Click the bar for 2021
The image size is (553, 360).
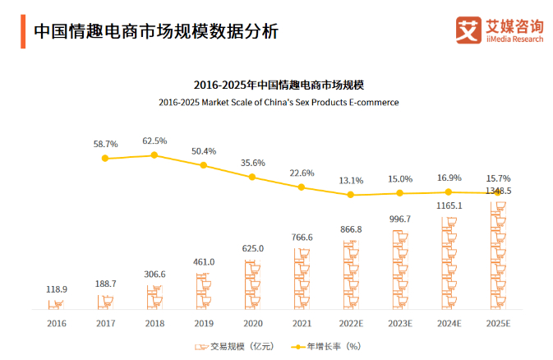click(x=302, y=278)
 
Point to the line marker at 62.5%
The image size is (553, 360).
click(x=154, y=155)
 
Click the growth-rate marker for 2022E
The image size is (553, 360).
click(x=351, y=195)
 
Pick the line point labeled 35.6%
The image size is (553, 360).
click(x=253, y=177)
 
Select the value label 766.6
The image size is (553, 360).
click(x=302, y=238)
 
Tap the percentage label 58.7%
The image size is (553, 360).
click(x=105, y=144)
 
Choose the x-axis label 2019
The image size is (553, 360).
click(x=204, y=324)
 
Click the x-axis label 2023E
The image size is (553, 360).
click(x=400, y=324)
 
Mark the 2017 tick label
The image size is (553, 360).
click(x=105, y=324)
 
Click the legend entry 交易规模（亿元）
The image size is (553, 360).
click(x=231, y=346)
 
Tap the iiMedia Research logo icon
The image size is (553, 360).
click(x=468, y=30)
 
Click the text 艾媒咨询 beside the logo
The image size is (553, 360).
click(x=514, y=25)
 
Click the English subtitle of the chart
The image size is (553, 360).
click(x=279, y=103)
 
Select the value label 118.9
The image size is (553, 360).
click(x=56, y=289)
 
